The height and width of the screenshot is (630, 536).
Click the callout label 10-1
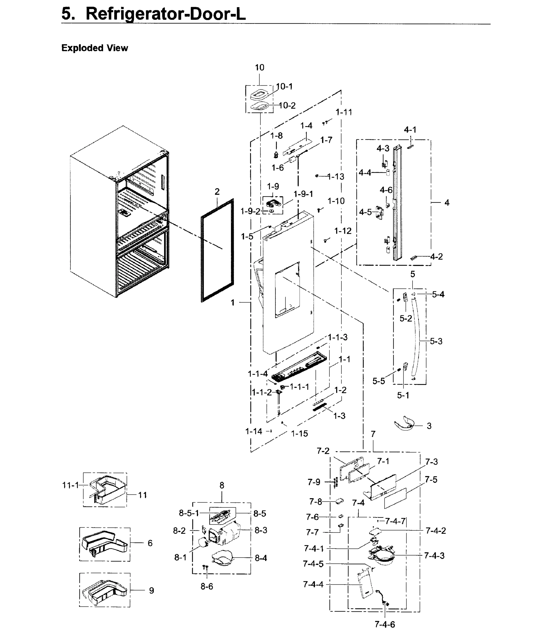tap(284, 87)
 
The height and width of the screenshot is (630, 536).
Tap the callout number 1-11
tap(344, 112)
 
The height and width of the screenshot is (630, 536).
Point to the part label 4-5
tap(365, 212)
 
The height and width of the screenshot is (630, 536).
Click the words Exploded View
tap(94, 48)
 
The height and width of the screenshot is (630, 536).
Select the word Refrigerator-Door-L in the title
tap(165, 14)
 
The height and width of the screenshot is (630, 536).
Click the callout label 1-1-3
tap(337, 337)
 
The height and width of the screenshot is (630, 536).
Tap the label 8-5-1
tap(189, 513)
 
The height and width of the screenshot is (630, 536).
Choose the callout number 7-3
tap(431, 462)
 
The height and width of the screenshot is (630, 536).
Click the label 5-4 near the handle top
tap(438, 294)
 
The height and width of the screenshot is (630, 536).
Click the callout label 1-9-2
tap(250, 211)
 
